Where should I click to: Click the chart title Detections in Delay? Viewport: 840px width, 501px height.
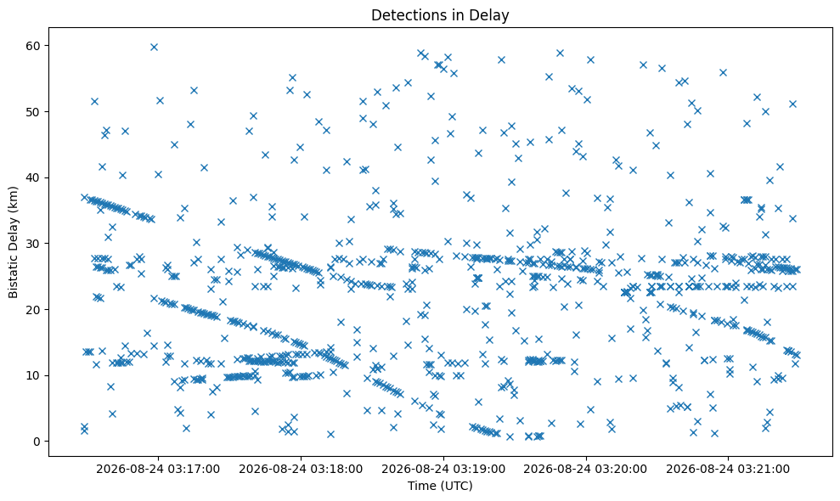tap(440, 15)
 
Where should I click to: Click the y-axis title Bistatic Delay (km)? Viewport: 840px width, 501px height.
tap(13, 242)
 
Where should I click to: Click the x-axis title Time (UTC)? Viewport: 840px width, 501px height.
tap(440, 486)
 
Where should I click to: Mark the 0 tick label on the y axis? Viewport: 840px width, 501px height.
tap(37, 442)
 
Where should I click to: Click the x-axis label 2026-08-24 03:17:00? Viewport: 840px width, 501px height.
tap(158, 470)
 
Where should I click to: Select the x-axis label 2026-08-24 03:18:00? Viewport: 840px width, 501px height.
tap(301, 470)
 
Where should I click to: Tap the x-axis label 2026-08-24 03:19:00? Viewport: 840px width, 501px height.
tap(443, 470)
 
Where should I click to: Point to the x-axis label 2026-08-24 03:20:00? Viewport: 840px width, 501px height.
tap(585, 470)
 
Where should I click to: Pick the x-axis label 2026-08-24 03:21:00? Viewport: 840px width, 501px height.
tap(728, 470)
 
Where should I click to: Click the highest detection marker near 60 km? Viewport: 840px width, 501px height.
tap(154, 48)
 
